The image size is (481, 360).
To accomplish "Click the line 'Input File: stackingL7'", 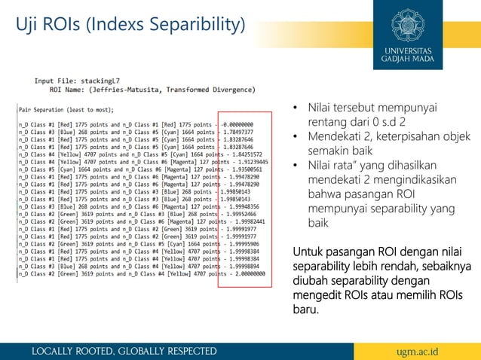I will tap(74, 80).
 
